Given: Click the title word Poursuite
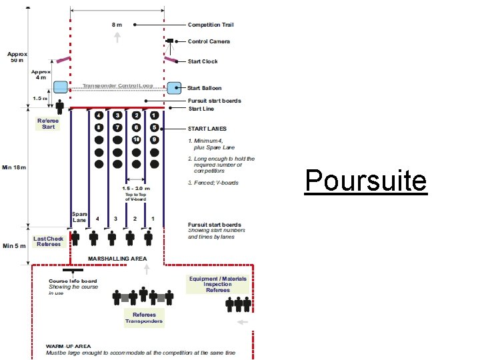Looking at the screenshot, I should [365, 180].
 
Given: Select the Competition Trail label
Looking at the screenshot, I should [211, 25].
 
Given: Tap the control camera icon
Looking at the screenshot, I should [170, 41].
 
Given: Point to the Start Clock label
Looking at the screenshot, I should [203, 61].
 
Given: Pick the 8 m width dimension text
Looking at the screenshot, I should [117, 25].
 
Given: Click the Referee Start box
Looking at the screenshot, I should [49, 124].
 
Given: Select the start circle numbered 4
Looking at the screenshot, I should [99, 115].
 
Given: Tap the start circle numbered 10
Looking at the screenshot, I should [136, 139].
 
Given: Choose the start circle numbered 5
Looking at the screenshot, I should [154, 127].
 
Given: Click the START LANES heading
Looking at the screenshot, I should [207, 128].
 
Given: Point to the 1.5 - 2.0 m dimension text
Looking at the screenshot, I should [136, 188].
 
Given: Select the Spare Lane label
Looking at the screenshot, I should [79, 217].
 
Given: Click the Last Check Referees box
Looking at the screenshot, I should [49, 241].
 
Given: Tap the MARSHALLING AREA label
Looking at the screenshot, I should [118, 258].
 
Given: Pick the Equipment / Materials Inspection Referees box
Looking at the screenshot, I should [218, 284].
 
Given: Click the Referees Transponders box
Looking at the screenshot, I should [144, 318].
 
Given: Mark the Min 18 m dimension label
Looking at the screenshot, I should [14, 167].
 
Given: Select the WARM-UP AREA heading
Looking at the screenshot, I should [69, 347].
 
